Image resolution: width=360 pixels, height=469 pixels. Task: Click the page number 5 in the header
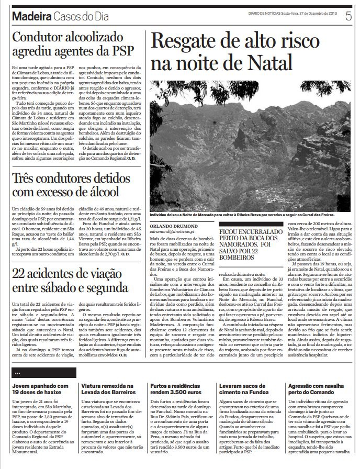tap(348, 16)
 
